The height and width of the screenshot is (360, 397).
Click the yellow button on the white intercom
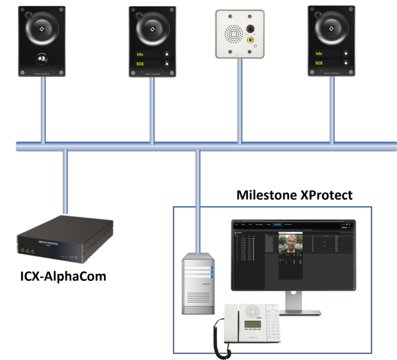[x=250, y=40]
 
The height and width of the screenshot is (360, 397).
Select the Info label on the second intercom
[x=140, y=55]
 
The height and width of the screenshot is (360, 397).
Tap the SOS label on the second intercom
[x=140, y=64]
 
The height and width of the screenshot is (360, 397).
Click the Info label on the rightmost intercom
[x=319, y=54]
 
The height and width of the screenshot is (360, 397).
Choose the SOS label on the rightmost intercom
[x=319, y=63]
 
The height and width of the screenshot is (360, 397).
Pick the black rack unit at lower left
[x=64, y=238]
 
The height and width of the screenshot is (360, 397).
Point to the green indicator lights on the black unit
[x=28, y=249]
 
